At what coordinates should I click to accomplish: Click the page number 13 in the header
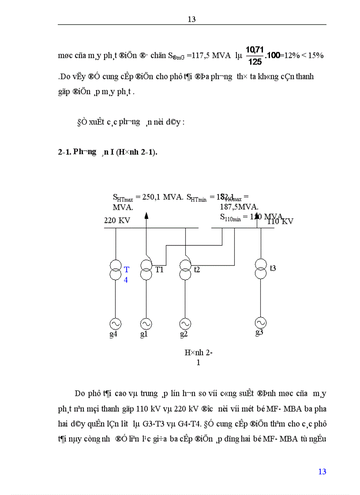click(x=191, y=19)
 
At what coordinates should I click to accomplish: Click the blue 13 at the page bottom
click(x=322, y=472)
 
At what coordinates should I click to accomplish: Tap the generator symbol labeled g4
click(x=116, y=324)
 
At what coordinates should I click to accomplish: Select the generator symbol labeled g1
click(x=146, y=324)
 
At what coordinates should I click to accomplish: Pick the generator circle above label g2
click(x=185, y=324)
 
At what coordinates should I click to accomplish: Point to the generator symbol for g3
click(x=261, y=322)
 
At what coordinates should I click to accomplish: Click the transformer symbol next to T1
click(x=146, y=270)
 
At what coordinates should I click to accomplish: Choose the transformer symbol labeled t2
click(x=185, y=270)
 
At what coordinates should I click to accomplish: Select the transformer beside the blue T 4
click(x=116, y=270)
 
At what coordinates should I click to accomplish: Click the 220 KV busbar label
click(x=117, y=220)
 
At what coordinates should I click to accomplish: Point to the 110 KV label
click(x=280, y=221)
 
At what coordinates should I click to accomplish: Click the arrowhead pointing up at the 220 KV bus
click(x=146, y=215)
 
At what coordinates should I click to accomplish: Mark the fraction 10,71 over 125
click(x=255, y=57)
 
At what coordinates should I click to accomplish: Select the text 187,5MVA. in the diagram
click(x=240, y=207)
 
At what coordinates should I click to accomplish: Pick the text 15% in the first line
click(x=316, y=56)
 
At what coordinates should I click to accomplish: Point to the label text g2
click(x=184, y=335)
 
